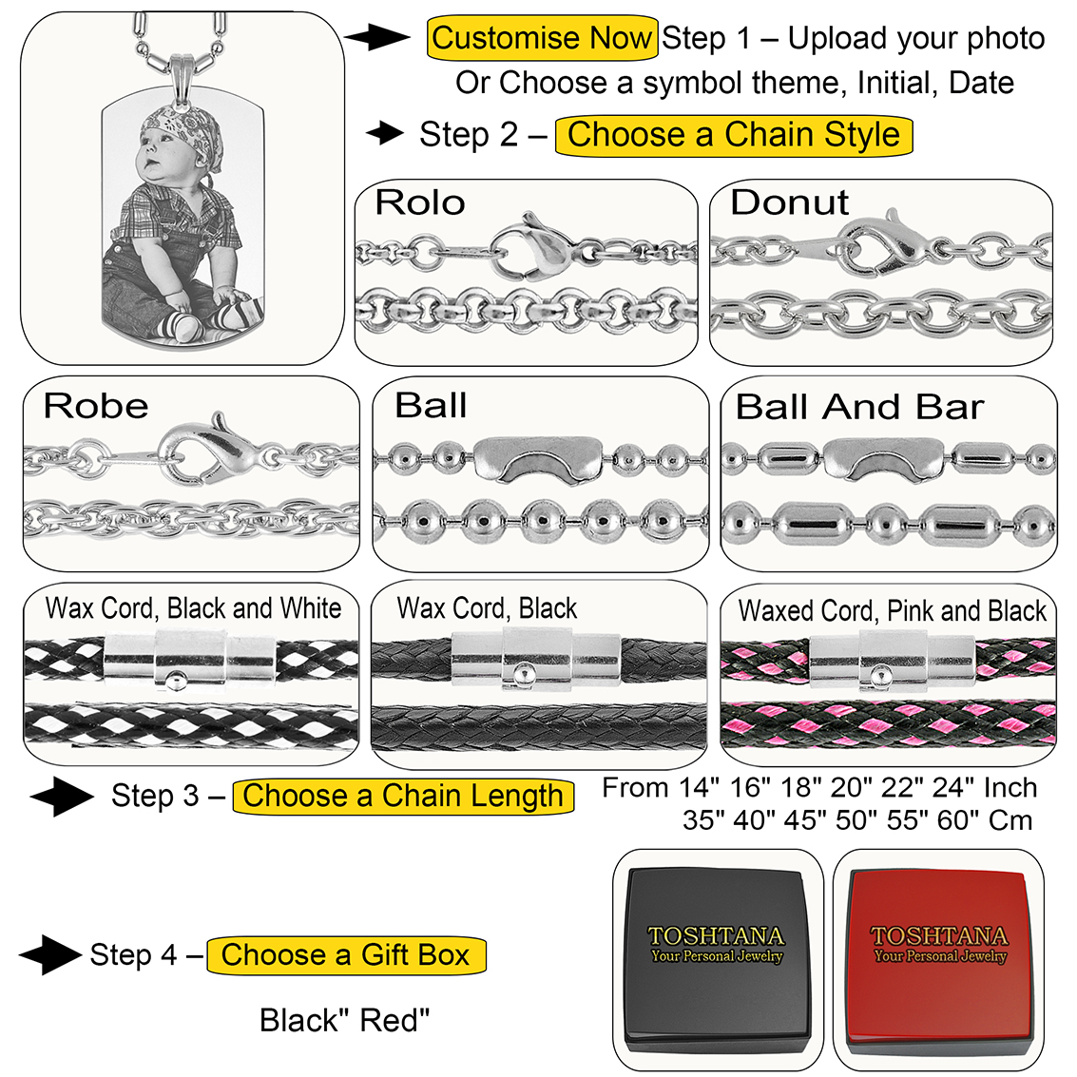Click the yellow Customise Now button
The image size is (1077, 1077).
pos(542,39)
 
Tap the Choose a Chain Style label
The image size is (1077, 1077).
pos(733,135)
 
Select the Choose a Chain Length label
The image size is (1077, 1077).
pos(403,796)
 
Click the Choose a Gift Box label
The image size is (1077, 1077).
pos(346,954)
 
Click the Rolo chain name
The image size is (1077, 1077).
pos(420,202)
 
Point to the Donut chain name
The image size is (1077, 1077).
pos(789,202)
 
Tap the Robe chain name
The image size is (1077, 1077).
pos(96,406)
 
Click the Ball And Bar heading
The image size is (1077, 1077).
pos(859,407)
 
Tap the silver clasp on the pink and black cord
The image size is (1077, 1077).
pos(892,659)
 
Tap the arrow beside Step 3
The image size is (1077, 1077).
pos(61,797)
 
